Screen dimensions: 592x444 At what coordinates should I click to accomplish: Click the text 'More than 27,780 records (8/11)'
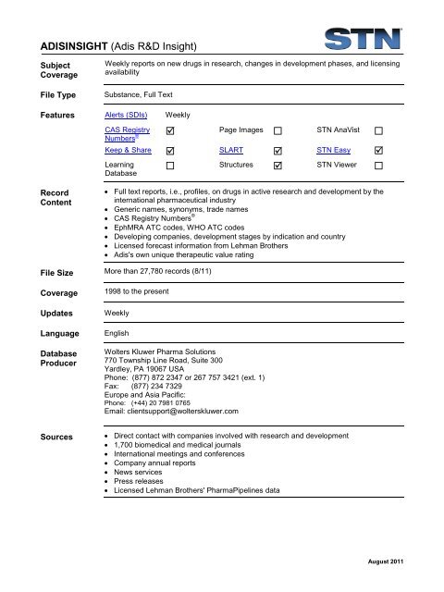tap(166, 274)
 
